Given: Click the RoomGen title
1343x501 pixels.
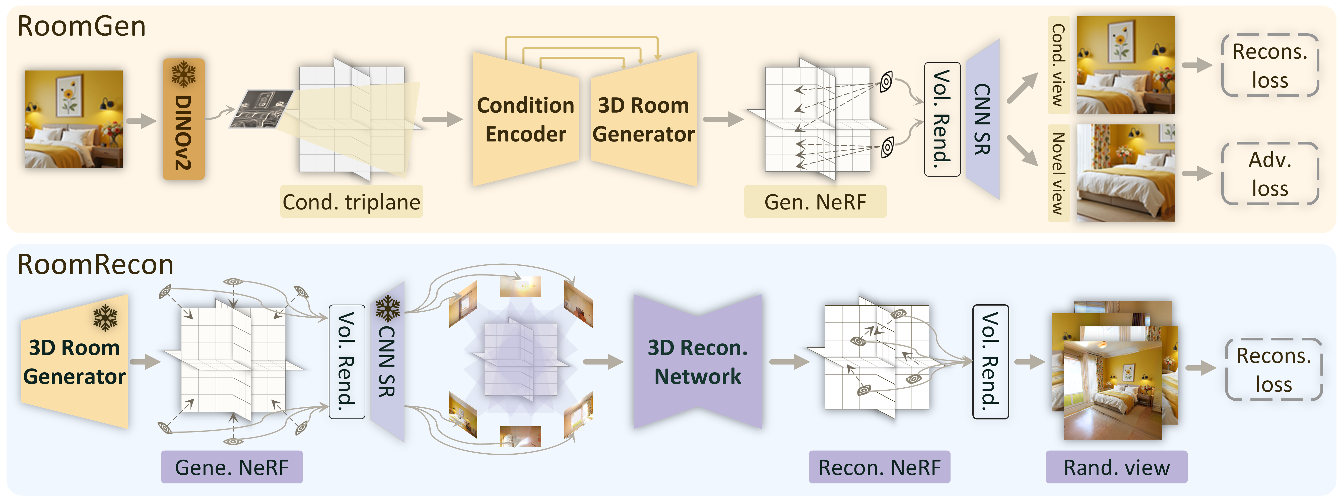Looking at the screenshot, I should coord(81,26).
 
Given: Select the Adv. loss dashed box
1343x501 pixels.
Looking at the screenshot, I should coord(1270,174).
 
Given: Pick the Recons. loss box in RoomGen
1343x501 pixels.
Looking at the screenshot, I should coord(1270,66).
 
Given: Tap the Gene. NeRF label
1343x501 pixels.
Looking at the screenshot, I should coord(231,467).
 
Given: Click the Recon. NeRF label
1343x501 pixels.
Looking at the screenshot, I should coord(880,467).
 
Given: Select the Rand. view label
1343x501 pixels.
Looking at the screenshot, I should coord(1116,467).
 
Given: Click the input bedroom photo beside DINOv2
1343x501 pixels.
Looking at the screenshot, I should coord(74,119).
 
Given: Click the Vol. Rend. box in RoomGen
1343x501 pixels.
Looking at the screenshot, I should coord(942,119).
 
